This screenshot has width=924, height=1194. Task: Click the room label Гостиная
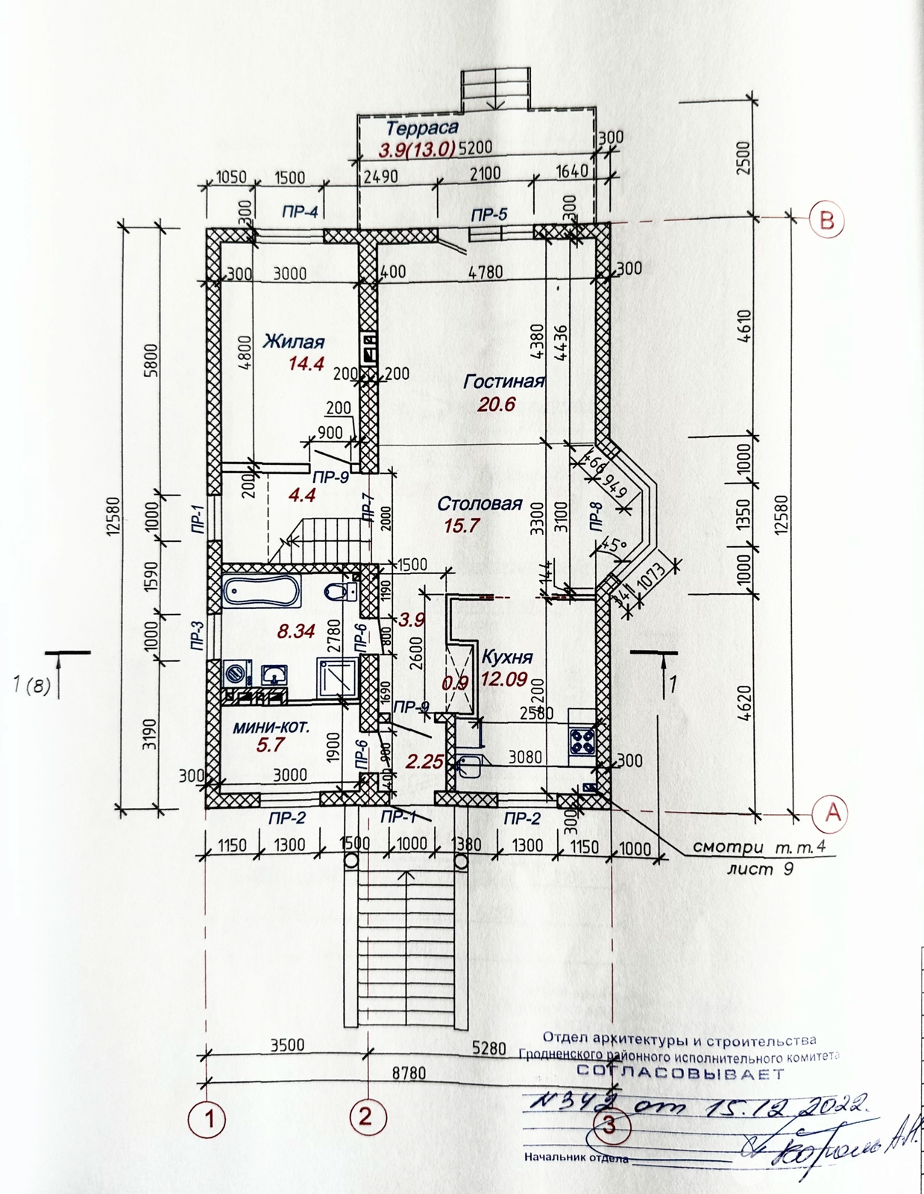503,381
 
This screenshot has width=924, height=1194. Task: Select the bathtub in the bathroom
261,592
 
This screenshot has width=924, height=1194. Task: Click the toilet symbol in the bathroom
339,593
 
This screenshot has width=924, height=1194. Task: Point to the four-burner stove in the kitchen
582,740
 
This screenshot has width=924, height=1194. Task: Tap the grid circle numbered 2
365,1117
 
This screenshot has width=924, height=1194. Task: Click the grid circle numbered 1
210,1119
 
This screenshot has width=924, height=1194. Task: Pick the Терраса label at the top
422,128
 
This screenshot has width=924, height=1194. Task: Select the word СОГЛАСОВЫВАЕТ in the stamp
681,1074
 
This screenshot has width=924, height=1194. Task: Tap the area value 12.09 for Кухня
504,679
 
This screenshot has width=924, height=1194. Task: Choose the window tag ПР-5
488,215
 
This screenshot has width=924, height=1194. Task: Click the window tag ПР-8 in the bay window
595,516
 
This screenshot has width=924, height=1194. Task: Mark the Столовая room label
480,503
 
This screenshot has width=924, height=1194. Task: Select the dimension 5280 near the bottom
488,1048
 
